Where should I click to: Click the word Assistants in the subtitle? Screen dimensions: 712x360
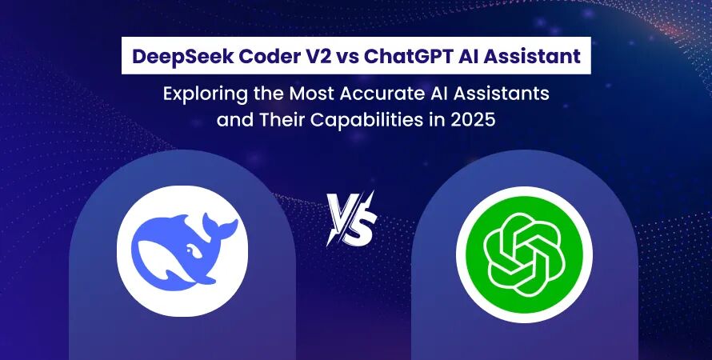click(x=502, y=94)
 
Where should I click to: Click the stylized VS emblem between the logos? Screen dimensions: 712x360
click(x=352, y=218)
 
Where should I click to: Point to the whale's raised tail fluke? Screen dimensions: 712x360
click(x=220, y=225)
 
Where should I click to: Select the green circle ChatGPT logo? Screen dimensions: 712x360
click(x=525, y=254)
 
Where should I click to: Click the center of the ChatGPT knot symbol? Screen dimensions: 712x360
click(x=525, y=254)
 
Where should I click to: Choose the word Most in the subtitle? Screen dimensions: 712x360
click(x=314, y=94)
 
